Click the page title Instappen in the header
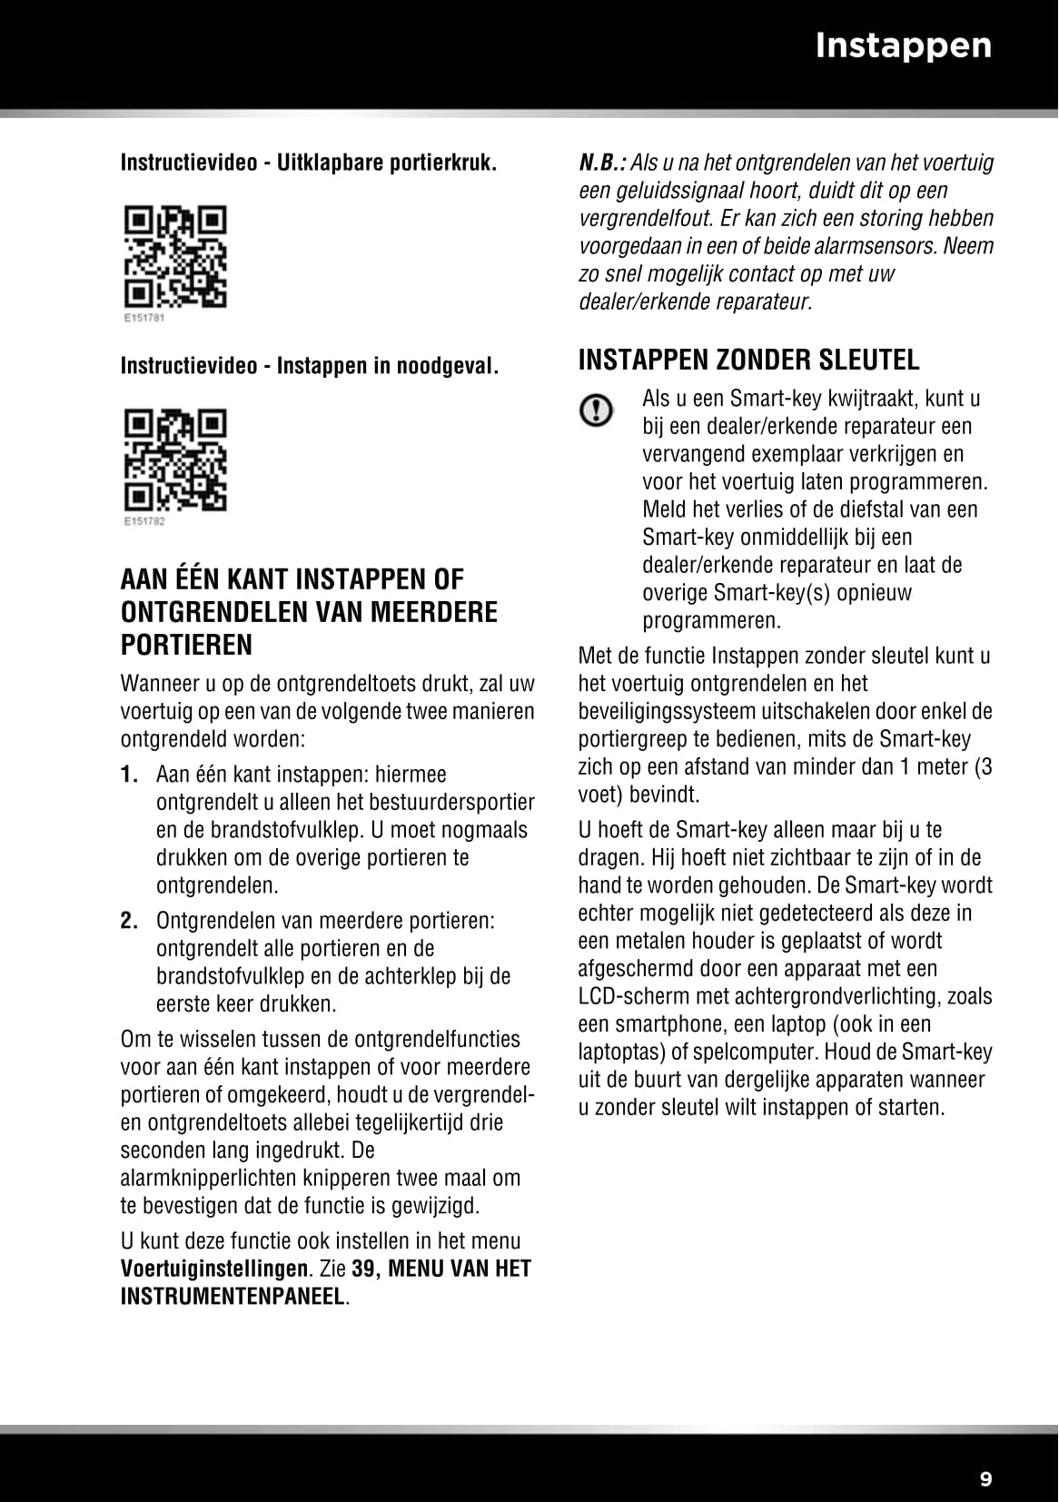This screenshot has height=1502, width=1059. tap(903, 45)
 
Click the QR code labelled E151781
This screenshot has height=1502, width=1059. tap(175, 257)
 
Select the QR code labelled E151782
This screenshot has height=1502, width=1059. tap(175, 460)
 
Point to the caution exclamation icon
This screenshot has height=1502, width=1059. tap(596, 411)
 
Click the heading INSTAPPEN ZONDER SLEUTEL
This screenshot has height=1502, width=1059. tap(748, 360)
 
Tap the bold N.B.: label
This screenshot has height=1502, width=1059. tap(602, 163)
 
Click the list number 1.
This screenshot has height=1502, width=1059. tap(129, 775)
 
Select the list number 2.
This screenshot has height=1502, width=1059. tap(129, 921)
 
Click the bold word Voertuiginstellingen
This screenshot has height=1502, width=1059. tap(214, 1269)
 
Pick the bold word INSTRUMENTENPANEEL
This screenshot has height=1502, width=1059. tap(233, 1297)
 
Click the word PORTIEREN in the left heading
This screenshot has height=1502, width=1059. tap(186, 645)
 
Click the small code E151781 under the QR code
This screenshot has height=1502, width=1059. tap(143, 319)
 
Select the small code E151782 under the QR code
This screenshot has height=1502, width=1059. tap(143, 522)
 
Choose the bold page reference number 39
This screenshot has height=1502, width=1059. tap(362, 1269)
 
